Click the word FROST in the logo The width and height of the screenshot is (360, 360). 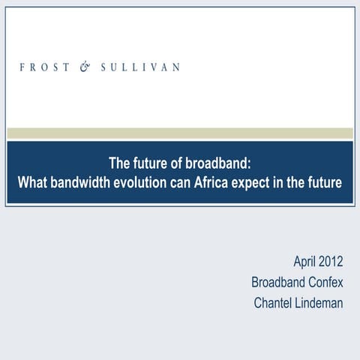tap(41, 67)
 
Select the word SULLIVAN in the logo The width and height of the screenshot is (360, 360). tap(140, 67)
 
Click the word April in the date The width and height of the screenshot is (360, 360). tap(306, 262)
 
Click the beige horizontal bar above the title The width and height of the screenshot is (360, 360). tap(180, 133)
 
